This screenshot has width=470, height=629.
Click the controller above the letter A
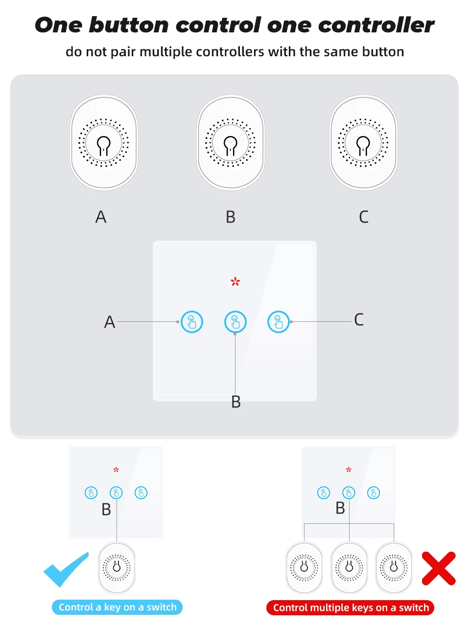point(104,143)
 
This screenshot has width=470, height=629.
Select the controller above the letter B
point(231,143)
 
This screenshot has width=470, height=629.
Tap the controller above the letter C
point(363,143)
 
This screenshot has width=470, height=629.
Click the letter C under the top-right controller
point(363,217)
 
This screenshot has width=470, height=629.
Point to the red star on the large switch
point(235,281)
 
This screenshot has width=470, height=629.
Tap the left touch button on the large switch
point(192,322)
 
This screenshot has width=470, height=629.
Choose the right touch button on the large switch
point(279,322)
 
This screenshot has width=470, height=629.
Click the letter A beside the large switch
point(110,322)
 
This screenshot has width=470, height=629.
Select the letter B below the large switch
point(236,402)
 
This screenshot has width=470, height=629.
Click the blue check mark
point(67,569)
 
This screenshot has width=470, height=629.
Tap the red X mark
point(439,568)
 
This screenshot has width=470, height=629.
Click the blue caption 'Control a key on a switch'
point(117,607)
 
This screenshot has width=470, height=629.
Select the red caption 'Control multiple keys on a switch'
point(351,607)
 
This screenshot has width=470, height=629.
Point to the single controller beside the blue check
point(117,567)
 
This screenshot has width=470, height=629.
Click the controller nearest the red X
point(394,567)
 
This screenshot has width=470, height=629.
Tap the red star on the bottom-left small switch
point(116,470)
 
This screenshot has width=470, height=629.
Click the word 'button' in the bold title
point(129,25)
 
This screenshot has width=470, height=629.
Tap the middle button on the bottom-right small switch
point(349,493)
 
